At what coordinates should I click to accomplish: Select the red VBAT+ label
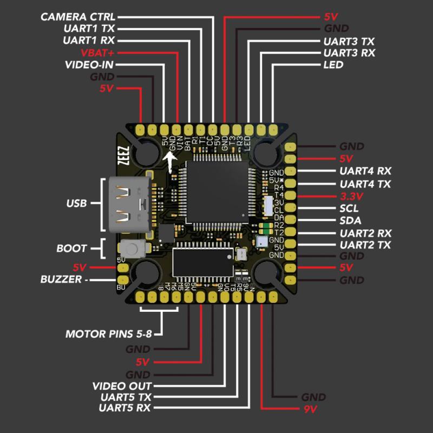pos(97,53)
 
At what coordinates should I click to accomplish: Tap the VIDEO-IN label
pos(89,65)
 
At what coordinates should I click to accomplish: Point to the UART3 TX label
pos(349,41)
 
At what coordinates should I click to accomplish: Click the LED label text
pos(333,65)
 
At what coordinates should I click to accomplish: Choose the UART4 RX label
pos(365,171)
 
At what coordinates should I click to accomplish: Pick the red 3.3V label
pos(352,196)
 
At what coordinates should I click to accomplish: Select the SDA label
pos(349,221)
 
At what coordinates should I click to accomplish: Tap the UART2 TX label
pos(365,245)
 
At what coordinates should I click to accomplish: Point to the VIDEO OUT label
pos(122,386)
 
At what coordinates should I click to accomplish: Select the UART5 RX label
pos(125,408)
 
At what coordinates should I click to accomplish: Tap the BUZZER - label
pos(64,280)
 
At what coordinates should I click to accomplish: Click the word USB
pos(76,204)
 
